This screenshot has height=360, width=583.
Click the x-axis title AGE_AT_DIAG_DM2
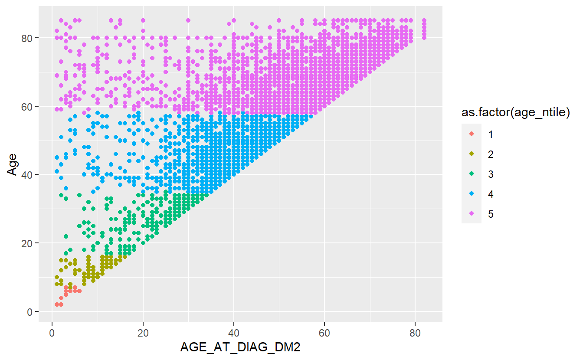pos(240,347)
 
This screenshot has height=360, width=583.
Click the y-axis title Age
pos(13,166)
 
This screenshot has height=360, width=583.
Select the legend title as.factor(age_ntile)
pos(515,114)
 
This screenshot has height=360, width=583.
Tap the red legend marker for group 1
pos(472,134)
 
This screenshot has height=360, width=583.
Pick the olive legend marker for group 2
pos(472,154)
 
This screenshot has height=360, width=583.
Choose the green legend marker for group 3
pos(472,174)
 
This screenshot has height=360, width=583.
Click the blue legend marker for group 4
pos(472,194)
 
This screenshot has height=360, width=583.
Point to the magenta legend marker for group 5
pos(472,214)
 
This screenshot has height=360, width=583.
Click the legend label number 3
pos(491,174)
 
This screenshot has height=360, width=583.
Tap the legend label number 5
pos(491,214)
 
